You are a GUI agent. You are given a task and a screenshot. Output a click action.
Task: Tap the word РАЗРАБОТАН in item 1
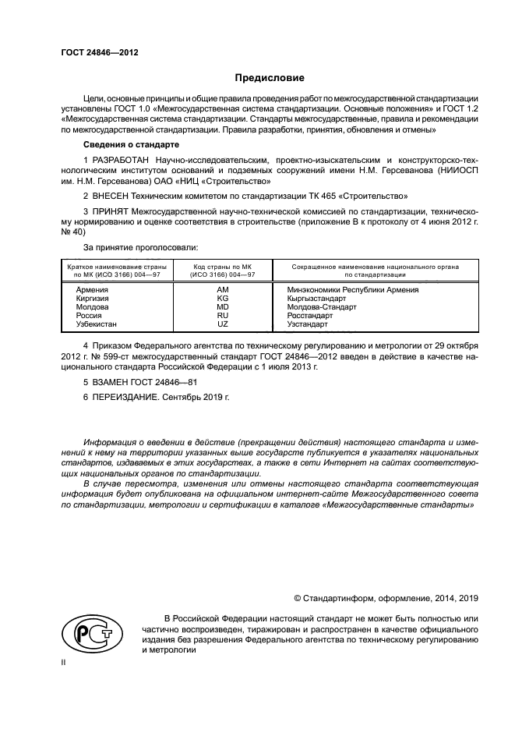[x=122, y=160]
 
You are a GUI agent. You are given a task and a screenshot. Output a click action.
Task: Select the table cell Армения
[x=93, y=289]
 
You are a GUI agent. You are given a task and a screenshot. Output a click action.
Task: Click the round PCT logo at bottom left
[x=86, y=633]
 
